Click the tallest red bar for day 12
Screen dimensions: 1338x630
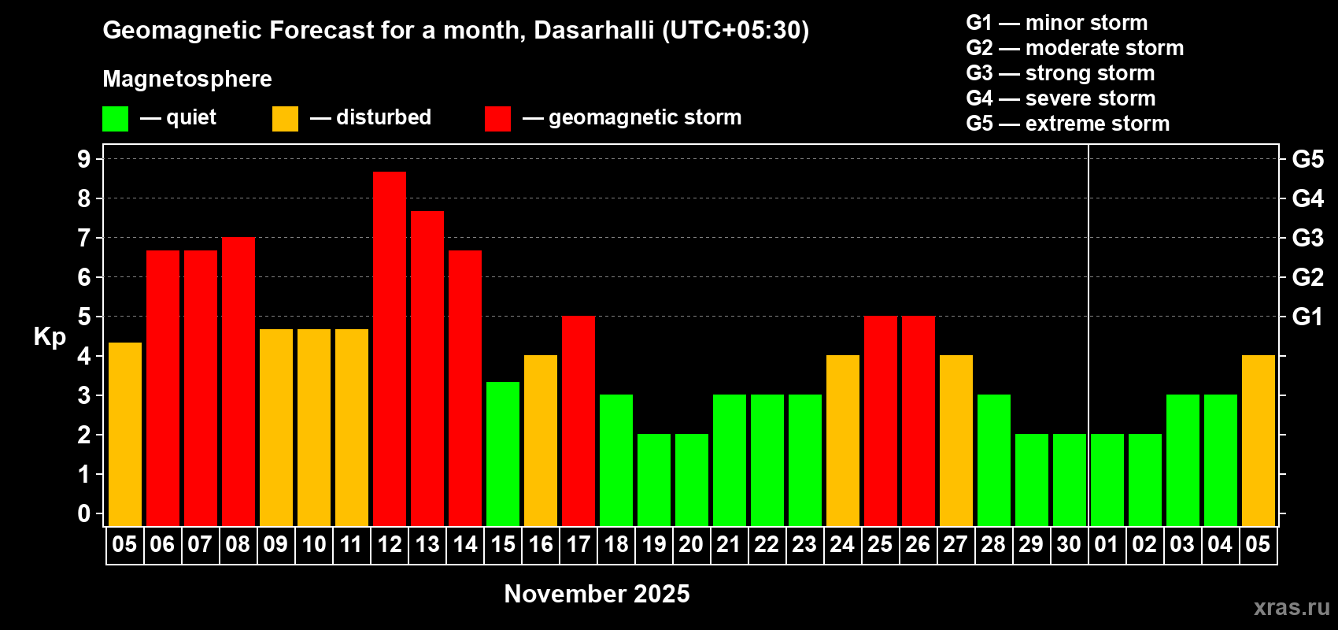point(390,349)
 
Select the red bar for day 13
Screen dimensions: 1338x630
point(427,369)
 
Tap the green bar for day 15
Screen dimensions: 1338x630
point(503,454)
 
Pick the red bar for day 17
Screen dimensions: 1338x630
point(578,421)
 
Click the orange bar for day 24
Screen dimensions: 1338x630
point(843,441)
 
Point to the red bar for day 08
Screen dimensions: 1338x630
point(238,382)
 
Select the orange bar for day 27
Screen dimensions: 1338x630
point(956,441)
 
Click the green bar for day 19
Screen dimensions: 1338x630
point(654,480)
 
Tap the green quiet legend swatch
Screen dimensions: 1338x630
point(115,119)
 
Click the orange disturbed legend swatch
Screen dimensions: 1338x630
point(285,119)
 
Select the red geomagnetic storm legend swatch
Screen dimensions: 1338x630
point(498,119)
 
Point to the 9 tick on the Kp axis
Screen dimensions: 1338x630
point(83,159)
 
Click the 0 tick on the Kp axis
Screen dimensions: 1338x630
point(83,513)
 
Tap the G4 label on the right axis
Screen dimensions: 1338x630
point(1308,198)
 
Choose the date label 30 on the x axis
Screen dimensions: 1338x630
point(1069,544)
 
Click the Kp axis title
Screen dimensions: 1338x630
point(50,337)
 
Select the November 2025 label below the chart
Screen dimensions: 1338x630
point(597,594)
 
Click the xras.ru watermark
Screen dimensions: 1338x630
point(1292,607)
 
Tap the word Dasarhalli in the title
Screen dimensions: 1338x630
point(593,30)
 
